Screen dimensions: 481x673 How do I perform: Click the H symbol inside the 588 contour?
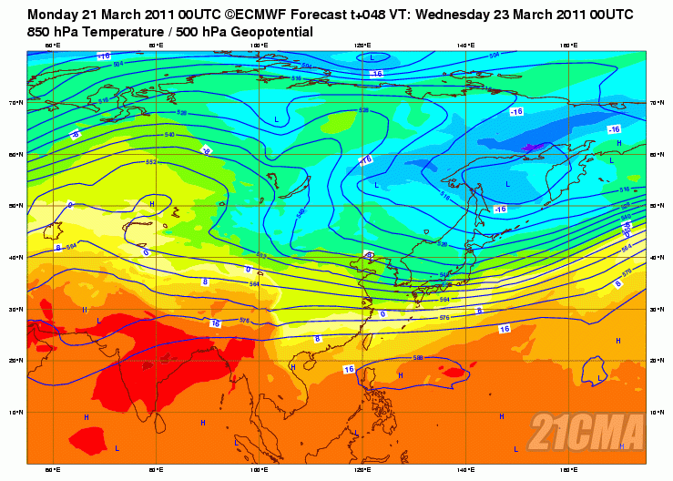pyautogui.click(x=402, y=374)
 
